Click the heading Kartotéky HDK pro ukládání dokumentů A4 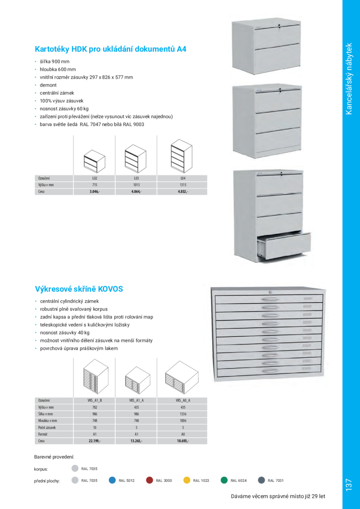tap(111, 49)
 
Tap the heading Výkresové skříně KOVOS tap(79, 289)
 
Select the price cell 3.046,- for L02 tap(95, 192)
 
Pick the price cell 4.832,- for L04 tap(183, 192)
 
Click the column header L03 tap(136, 178)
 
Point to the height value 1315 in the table tap(183, 185)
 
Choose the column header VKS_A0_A tap(183, 401)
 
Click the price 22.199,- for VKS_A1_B tap(95, 441)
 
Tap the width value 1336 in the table tap(183, 414)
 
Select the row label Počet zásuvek tap(47, 427)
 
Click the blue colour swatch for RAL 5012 tap(112, 481)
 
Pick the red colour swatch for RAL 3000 tap(149, 481)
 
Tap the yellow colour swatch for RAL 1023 tap(187, 481)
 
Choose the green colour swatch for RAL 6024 tap(224, 481)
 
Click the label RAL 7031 tap(275, 481)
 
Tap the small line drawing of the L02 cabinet tap(94, 161)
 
